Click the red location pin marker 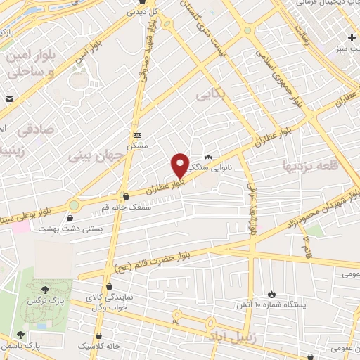[x=180, y=165]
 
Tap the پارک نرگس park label [x=41, y=300]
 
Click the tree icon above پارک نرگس [x=45, y=288]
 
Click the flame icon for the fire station [x=272, y=293]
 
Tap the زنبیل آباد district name [x=229, y=337]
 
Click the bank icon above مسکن [x=136, y=135]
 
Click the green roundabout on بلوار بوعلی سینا [x=73, y=205]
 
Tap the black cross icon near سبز [x=351, y=37]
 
